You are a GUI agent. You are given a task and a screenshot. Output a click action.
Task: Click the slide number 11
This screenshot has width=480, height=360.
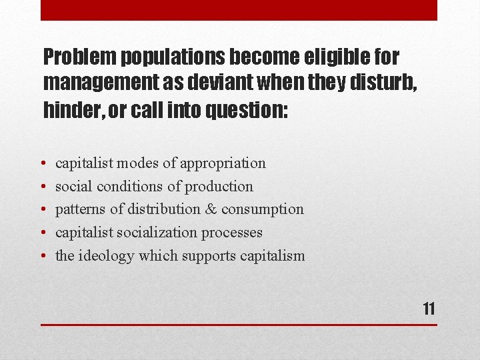click(x=429, y=309)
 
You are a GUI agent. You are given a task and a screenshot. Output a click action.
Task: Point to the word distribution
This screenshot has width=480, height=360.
click(x=164, y=209)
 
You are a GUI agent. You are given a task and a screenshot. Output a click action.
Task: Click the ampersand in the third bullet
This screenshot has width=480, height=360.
click(x=211, y=209)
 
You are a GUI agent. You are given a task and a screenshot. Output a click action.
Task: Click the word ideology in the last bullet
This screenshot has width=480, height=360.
click(x=106, y=257)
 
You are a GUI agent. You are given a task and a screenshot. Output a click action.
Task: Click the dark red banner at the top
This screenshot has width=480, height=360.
click(x=239, y=10)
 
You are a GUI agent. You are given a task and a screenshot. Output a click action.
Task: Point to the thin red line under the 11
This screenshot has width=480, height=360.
click(x=239, y=325)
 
